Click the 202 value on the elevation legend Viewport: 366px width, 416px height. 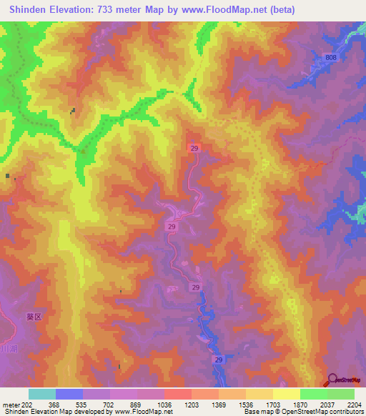[24, 404]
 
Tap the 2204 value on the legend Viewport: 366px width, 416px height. [354, 404]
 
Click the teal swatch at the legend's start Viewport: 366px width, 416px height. [42, 394]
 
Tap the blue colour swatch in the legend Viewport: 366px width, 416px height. [69, 394]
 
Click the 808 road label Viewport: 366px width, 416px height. [330, 57]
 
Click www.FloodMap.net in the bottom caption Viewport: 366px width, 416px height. [143, 412]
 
